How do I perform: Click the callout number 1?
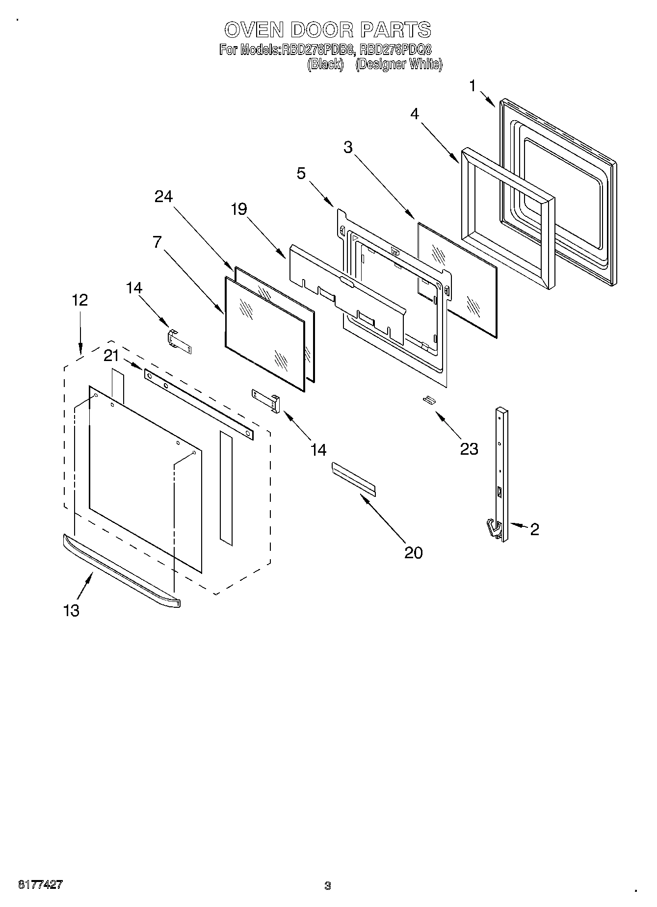coord(472,86)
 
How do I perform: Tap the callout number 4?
coord(415,114)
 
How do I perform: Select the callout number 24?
coord(163,196)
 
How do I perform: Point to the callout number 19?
coord(239,209)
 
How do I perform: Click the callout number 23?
coord(469,448)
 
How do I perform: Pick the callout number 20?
coord(413,552)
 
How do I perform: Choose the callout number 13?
coord(71,610)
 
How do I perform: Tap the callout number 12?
coord(80,300)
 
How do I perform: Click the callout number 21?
coord(111,356)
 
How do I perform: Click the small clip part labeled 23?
coord(429,400)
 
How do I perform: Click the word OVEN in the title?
coord(254,30)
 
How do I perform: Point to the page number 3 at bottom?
coord(327,886)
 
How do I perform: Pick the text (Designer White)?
coord(398,64)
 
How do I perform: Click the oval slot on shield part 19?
coord(345,281)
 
